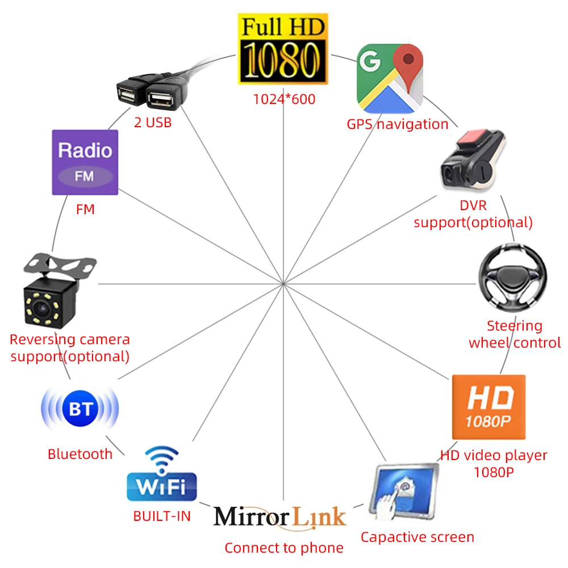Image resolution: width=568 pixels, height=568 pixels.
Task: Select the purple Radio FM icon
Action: (85, 162)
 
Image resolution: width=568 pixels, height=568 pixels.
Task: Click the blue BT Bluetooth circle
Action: (80, 409)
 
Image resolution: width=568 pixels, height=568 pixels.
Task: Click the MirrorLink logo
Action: (279, 517)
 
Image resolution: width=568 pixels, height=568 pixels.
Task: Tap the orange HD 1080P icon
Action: (488, 406)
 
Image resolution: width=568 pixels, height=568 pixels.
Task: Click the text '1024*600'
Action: (284, 99)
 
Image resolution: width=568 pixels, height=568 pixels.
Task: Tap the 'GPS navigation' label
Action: (398, 124)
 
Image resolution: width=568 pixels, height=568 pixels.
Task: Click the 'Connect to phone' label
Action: (284, 548)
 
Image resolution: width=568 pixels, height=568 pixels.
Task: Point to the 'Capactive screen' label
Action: (417, 537)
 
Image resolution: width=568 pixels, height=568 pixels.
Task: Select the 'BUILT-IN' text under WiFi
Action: (162, 516)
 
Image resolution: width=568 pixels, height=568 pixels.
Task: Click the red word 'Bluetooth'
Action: (80, 454)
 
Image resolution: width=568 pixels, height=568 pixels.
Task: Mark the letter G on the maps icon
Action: (370, 61)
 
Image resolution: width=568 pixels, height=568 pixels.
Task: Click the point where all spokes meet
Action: (283, 282)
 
